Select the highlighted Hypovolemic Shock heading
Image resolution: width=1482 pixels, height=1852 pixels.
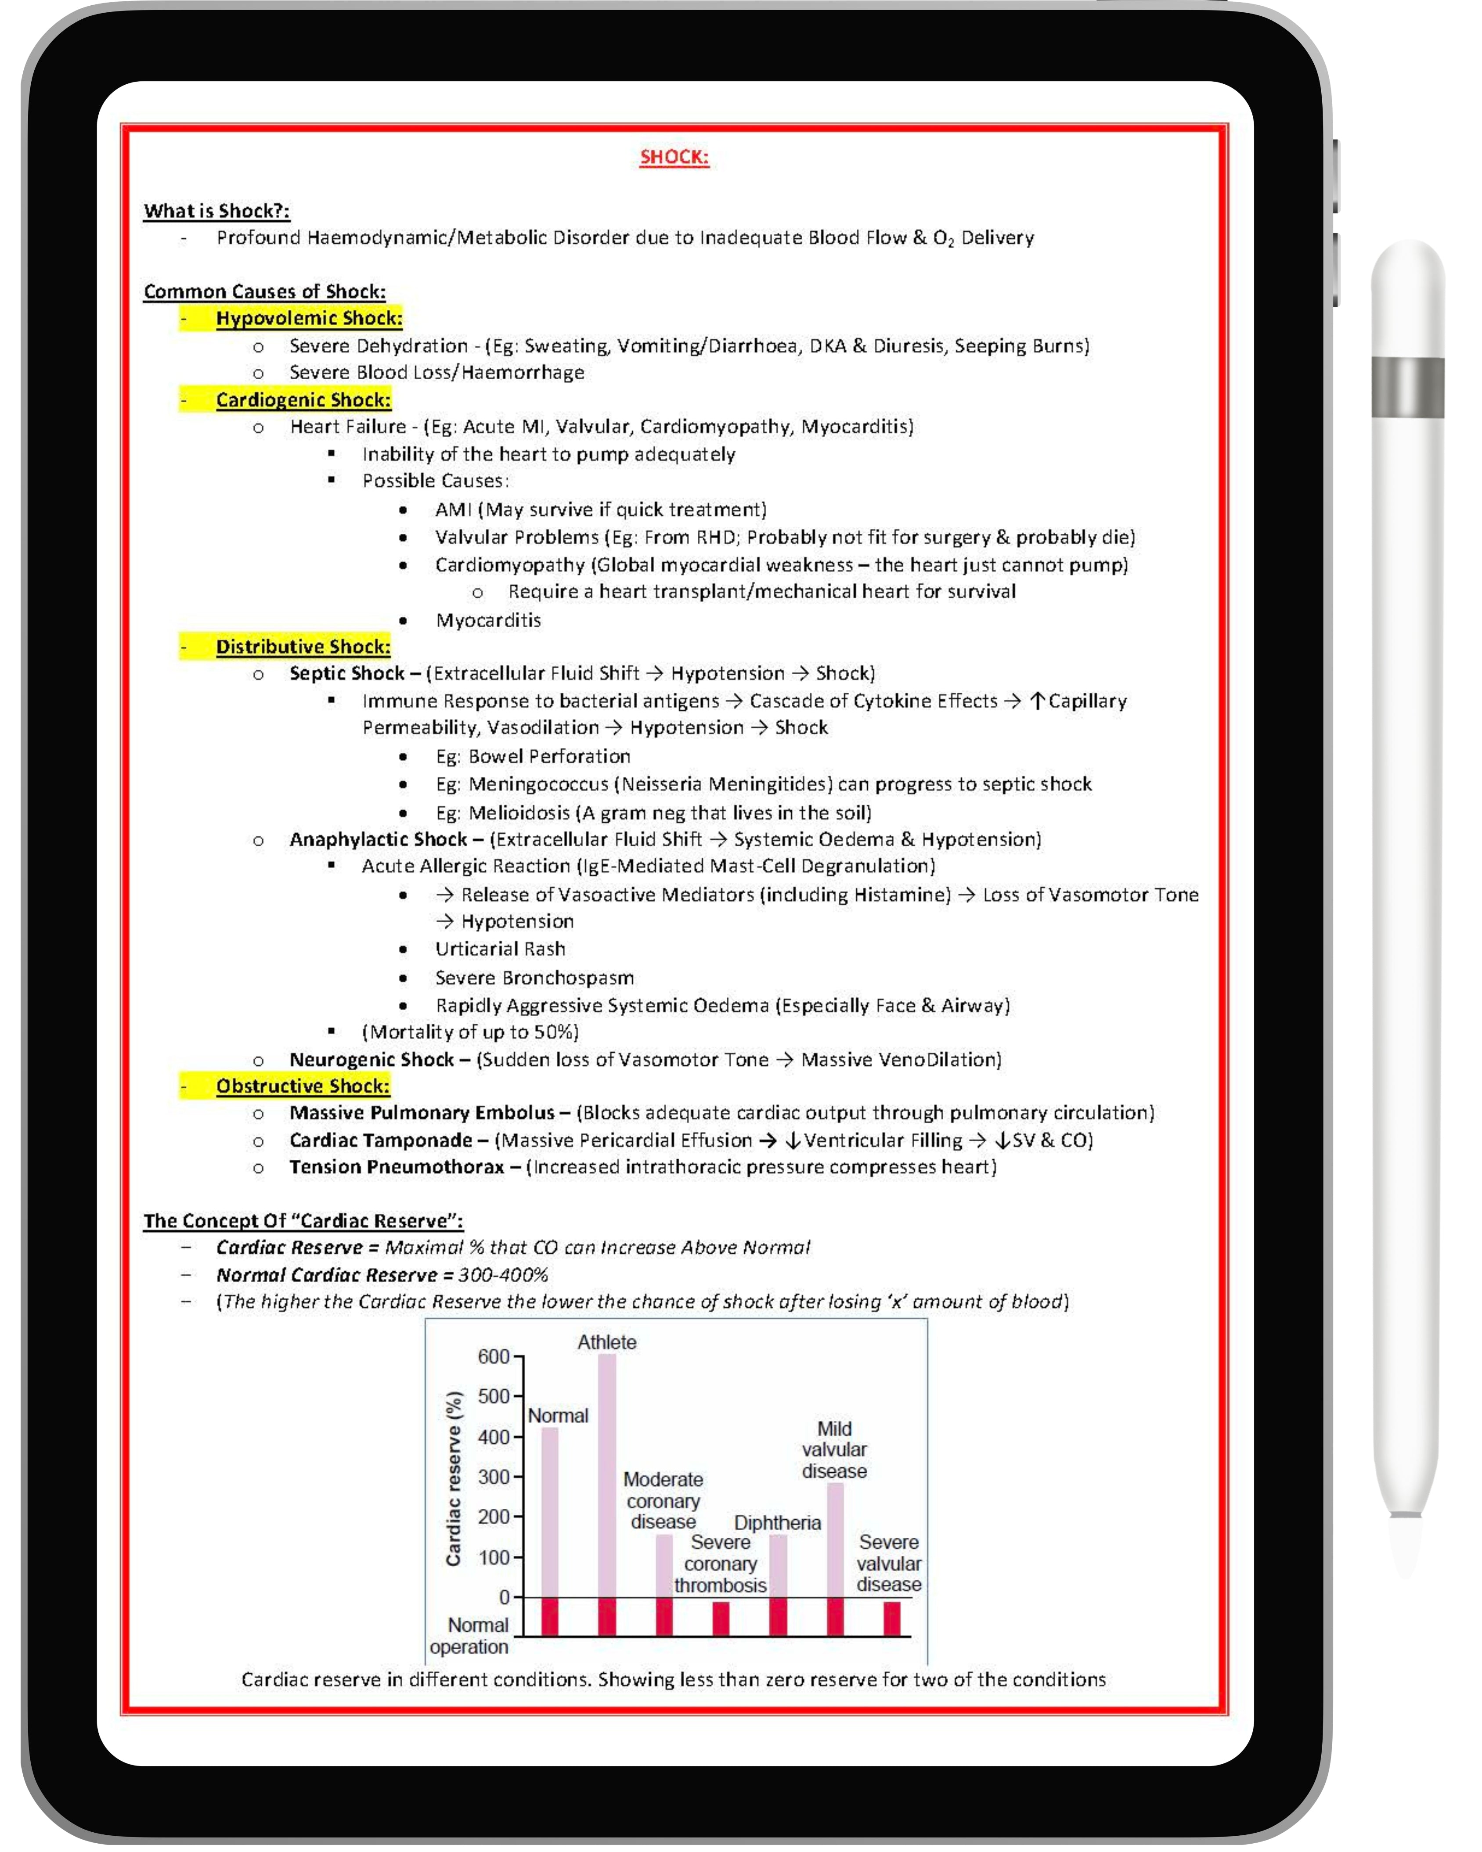pos(308,319)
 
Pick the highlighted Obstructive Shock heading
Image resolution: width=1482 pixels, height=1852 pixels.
pos(303,1086)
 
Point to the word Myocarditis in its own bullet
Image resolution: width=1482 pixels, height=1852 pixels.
pos(488,620)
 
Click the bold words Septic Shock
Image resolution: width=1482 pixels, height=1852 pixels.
pos(347,673)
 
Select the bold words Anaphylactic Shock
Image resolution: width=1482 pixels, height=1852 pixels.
pos(378,839)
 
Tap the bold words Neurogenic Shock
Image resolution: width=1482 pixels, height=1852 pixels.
pos(371,1059)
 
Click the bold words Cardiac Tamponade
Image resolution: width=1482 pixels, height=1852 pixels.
pos(381,1140)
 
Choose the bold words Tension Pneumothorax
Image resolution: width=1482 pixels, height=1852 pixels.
pos(397,1166)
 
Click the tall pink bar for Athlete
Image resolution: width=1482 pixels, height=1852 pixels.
pos(606,1473)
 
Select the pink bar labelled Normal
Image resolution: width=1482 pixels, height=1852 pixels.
pos(550,1512)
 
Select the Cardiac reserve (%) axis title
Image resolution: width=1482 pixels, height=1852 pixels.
pos(454,1478)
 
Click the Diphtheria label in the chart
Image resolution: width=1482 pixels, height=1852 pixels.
pos(778,1523)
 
